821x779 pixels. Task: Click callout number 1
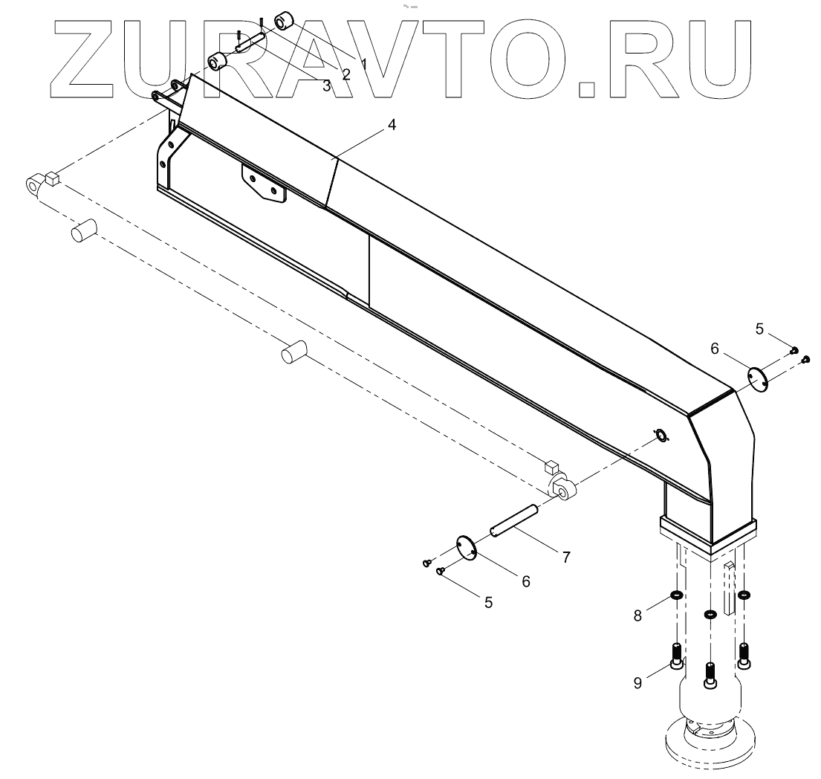pyautogui.click(x=364, y=64)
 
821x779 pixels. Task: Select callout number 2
pyautogui.click(x=345, y=74)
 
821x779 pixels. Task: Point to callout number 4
pyautogui.click(x=392, y=126)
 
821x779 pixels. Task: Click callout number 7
pyautogui.click(x=566, y=557)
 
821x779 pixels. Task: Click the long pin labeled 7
pyautogui.click(x=513, y=520)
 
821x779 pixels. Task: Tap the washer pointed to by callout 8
pyautogui.click(x=676, y=595)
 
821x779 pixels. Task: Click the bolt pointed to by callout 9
pyautogui.click(x=677, y=656)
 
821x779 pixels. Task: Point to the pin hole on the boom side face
pyautogui.click(x=659, y=435)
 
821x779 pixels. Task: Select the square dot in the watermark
pyautogui.click(x=587, y=88)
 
